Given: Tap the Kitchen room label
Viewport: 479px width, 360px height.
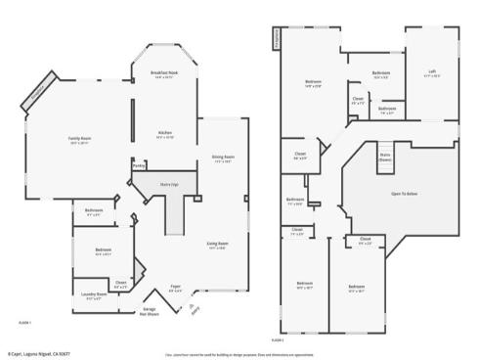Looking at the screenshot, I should pyautogui.click(x=165, y=133).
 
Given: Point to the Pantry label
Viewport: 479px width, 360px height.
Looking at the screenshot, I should pyautogui.click(x=139, y=166).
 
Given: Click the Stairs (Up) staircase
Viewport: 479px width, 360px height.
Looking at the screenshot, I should pyautogui.click(x=169, y=183).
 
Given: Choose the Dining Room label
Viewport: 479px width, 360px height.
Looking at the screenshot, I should pyautogui.click(x=223, y=157).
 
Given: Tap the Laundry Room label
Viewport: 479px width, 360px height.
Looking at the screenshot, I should pyautogui.click(x=94, y=293).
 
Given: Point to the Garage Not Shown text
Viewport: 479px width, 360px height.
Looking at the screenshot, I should pyautogui.click(x=150, y=311).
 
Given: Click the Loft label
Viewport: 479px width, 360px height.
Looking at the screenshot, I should pyautogui.click(x=432, y=71).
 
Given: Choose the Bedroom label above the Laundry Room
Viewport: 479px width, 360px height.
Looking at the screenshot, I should pyautogui.click(x=105, y=251).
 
